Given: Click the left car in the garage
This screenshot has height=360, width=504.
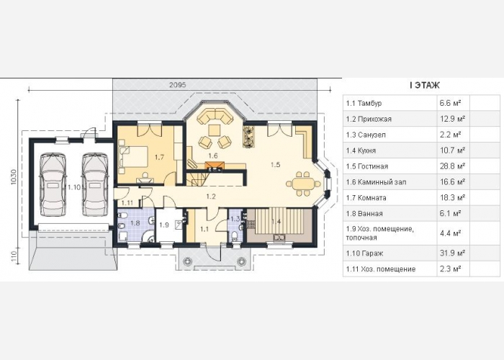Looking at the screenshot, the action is click(x=54, y=185).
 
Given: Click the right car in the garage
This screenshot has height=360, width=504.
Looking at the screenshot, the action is click(x=95, y=185).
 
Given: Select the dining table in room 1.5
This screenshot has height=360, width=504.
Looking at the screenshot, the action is click(x=303, y=184).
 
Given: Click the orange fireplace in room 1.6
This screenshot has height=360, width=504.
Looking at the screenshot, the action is click(x=214, y=166).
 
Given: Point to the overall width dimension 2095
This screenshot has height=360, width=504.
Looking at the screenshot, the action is click(x=178, y=85).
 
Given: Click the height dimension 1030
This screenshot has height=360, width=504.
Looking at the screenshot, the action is click(x=14, y=177).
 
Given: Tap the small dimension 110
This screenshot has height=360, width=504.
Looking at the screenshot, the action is click(x=14, y=257).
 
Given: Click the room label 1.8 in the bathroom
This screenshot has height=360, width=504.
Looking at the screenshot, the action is click(x=135, y=222).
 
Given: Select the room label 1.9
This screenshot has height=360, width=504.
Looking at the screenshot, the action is click(x=164, y=225).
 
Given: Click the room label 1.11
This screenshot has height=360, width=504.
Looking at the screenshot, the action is click(x=127, y=202).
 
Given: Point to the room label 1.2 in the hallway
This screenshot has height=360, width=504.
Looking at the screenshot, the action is click(x=211, y=197).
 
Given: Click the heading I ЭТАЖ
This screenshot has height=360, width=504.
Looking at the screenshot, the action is click(x=425, y=86).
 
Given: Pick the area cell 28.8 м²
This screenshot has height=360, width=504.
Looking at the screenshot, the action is click(x=453, y=166).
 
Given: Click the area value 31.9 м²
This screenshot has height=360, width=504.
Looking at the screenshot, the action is click(x=453, y=253).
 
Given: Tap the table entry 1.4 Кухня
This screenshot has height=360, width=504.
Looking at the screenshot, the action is click(x=361, y=150).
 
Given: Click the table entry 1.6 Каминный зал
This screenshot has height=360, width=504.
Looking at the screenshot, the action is click(x=376, y=182).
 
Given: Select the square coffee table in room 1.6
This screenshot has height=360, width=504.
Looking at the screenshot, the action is click(x=214, y=130).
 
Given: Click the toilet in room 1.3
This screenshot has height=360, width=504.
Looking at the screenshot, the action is click(x=235, y=236).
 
